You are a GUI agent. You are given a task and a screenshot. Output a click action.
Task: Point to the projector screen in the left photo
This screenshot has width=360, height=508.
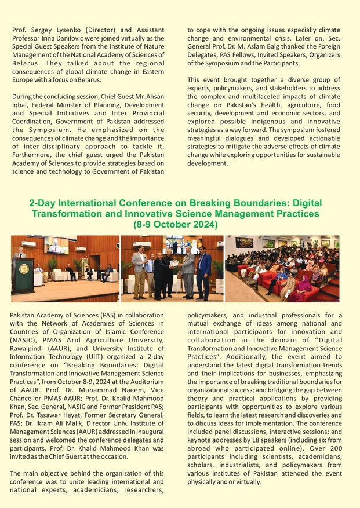click(x=57, y=245)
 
